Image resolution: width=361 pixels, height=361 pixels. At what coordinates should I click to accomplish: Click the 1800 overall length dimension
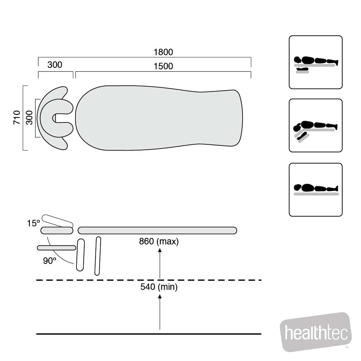click(x=163, y=52)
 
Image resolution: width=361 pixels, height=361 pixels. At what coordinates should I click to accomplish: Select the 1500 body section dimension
click(x=163, y=66)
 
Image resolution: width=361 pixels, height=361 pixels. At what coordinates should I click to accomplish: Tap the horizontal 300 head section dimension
click(x=55, y=65)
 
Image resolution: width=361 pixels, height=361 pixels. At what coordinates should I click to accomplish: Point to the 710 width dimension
click(x=17, y=117)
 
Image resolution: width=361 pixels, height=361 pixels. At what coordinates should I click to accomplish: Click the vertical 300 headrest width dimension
click(x=29, y=117)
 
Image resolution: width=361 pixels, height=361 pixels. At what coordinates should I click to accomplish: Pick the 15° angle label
click(x=33, y=223)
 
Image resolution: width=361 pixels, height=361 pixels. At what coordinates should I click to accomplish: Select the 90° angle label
click(x=49, y=261)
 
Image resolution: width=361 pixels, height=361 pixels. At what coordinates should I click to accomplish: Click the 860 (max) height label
click(x=159, y=241)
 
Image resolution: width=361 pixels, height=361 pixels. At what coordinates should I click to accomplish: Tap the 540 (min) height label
click(x=159, y=287)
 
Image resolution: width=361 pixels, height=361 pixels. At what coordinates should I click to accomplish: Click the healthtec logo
click(x=316, y=332)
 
